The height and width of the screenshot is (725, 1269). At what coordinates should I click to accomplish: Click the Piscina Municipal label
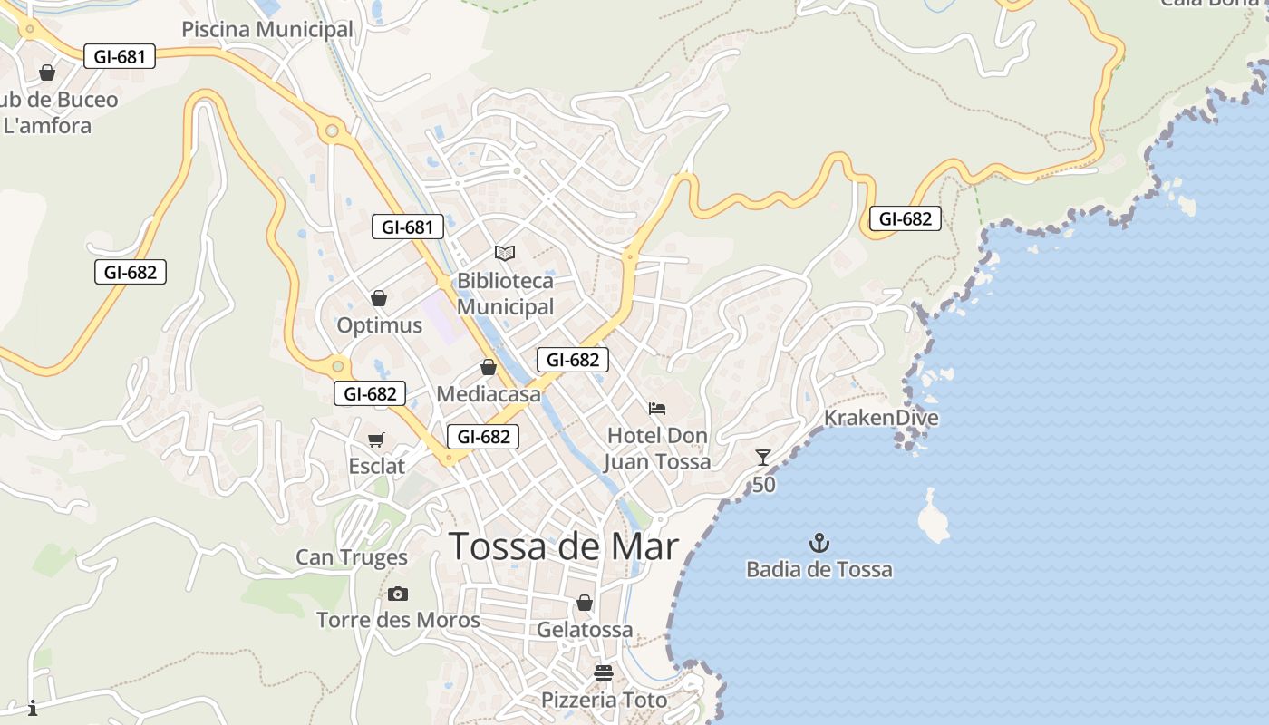(x=267, y=30)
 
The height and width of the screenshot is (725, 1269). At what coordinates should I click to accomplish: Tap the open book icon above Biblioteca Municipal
(x=505, y=253)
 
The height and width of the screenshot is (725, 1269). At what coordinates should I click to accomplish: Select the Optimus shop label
(x=380, y=325)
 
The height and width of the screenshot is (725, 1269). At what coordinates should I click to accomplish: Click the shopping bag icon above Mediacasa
(x=488, y=367)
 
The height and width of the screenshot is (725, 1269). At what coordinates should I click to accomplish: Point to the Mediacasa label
(x=489, y=394)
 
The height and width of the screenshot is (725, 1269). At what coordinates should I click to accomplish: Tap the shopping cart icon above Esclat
(x=376, y=440)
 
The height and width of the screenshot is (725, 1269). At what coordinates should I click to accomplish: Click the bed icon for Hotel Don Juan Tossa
(x=657, y=409)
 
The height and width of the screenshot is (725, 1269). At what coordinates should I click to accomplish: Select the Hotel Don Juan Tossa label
(x=658, y=449)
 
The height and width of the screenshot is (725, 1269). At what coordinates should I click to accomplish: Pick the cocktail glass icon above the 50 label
(x=763, y=458)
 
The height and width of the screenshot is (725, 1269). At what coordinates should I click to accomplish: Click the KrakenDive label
(x=881, y=418)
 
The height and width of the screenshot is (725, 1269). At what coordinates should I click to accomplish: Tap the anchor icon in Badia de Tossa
(x=819, y=544)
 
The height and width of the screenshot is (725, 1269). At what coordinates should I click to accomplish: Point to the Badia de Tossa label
(x=819, y=570)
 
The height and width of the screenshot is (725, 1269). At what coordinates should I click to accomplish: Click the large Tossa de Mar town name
(x=564, y=546)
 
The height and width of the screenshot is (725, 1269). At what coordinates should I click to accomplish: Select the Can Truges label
(x=352, y=557)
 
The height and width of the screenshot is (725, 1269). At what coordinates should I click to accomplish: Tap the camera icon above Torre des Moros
(x=397, y=594)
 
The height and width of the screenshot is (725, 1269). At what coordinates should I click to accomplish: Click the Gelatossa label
(x=585, y=629)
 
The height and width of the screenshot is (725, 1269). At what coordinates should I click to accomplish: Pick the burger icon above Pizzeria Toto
(x=604, y=673)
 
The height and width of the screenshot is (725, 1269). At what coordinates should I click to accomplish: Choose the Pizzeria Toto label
(x=604, y=701)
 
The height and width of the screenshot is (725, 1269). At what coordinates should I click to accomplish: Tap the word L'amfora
(x=47, y=126)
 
